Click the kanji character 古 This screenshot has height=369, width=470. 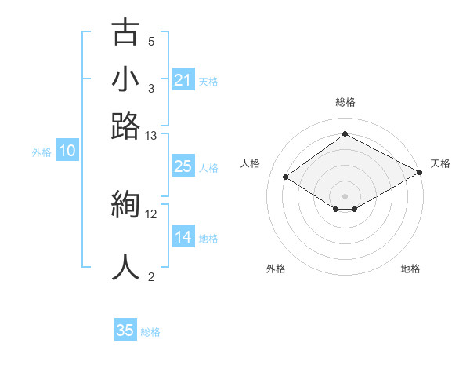(x=125, y=34)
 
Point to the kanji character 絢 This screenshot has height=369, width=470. (x=125, y=206)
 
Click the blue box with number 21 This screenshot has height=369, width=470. (x=183, y=80)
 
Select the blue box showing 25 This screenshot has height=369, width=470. (x=183, y=166)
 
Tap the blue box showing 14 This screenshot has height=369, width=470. (x=183, y=237)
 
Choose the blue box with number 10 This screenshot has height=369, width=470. (x=67, y=152)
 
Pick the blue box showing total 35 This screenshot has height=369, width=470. (x=125, y=331)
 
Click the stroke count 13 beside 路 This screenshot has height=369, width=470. (x=151, y=136)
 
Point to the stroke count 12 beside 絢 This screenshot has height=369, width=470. (x=151, y=214)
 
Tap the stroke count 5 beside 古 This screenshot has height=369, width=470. (x=151, y=41)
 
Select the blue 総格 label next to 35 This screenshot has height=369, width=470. (x=150, y=332)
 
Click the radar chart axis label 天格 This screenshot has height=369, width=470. (x=440, y=163)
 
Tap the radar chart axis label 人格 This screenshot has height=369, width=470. (x=251, y=163)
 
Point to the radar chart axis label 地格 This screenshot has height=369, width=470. (x=410, y=269)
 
